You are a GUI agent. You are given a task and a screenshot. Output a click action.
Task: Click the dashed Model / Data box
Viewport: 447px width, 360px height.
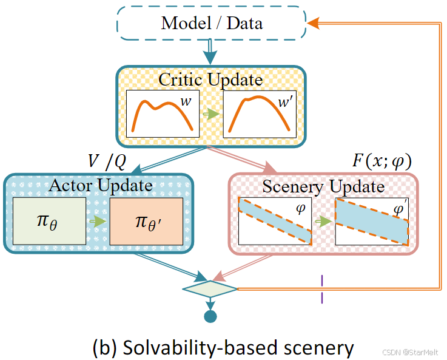tap(211, 24)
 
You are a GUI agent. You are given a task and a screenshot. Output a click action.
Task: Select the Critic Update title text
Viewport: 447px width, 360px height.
tap(210, 80)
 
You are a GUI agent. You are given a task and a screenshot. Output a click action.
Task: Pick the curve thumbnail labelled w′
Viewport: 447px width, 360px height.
tap(260, 114)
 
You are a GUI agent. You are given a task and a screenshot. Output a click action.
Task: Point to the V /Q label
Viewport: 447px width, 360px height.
tap(107, 161)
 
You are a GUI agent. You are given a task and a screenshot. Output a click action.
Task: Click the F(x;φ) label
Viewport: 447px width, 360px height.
tap(382, 161)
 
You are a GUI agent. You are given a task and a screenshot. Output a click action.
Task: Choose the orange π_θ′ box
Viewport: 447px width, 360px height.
tap(146, 221)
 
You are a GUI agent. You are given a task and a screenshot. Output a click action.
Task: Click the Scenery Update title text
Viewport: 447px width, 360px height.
tap(323, 186)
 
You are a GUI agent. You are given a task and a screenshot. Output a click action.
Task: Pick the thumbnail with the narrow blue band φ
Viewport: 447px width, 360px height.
tap(275, 221)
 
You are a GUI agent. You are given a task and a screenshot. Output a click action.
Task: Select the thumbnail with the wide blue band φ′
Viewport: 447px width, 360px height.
tap(372, 221)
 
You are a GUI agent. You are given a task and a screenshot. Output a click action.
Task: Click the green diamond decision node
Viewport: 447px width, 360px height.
tap(210, 288)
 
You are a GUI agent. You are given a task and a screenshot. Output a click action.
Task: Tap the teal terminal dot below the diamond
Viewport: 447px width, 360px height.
tap(210, 316)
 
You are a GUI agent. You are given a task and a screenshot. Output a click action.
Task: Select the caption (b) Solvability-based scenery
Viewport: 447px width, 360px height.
tap(223, 347)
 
